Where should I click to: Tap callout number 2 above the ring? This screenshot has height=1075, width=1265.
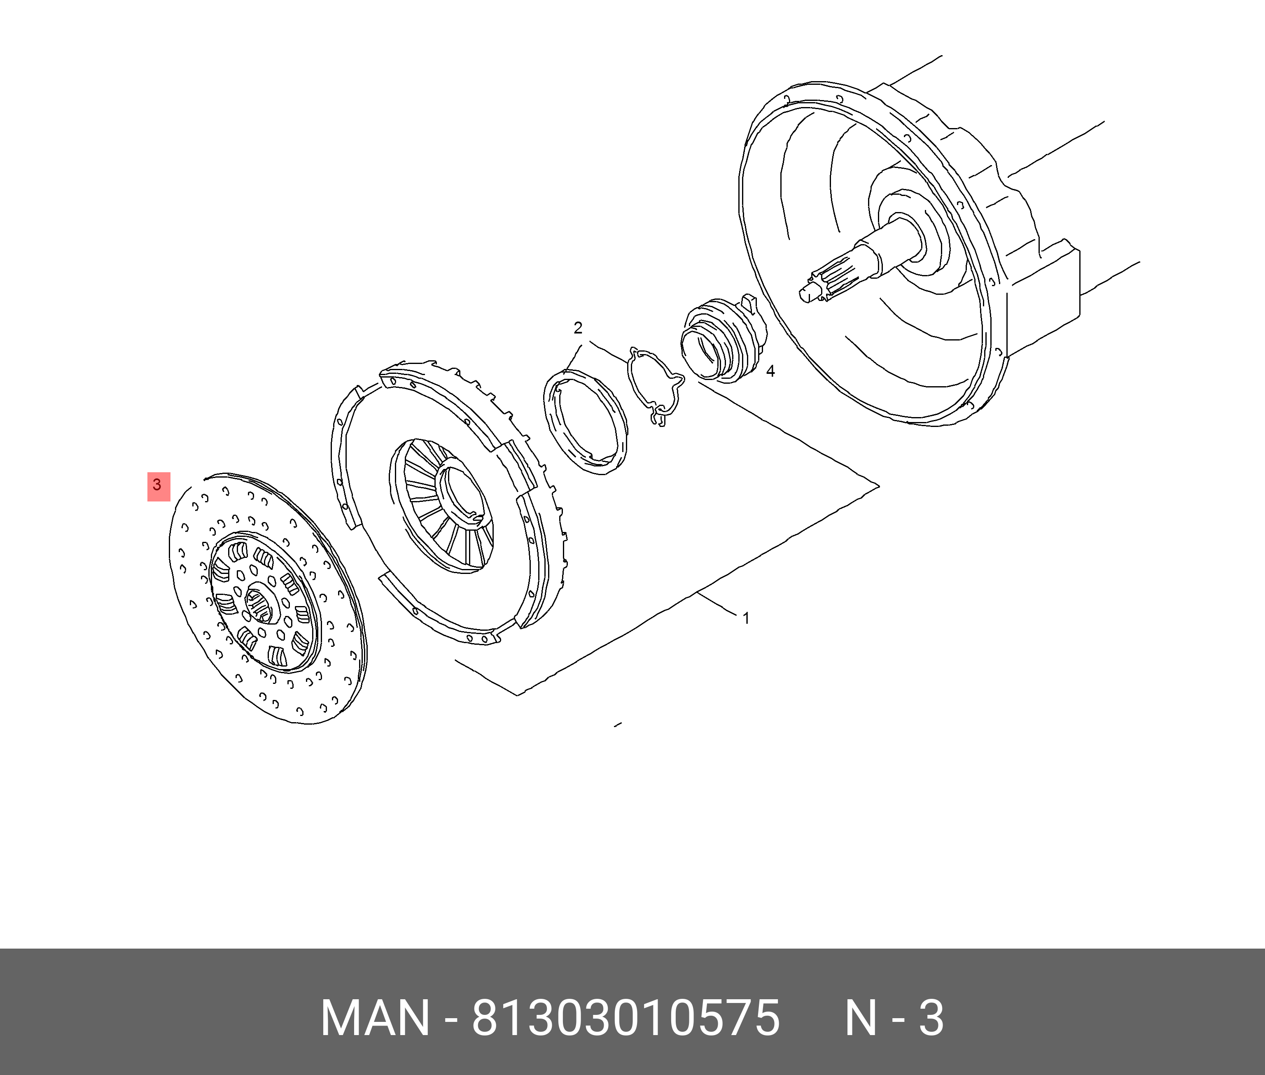578,328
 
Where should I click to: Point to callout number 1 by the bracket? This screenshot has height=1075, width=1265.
746,618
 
